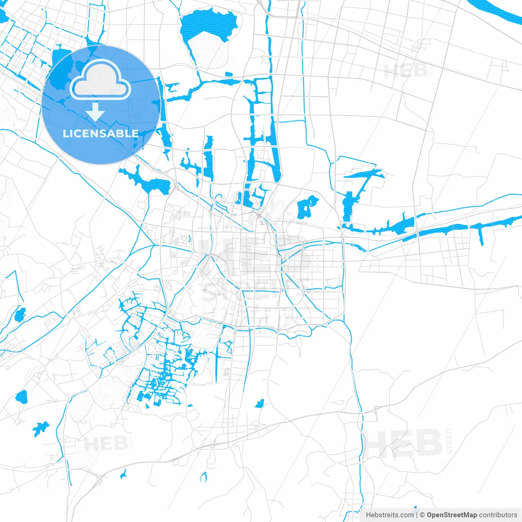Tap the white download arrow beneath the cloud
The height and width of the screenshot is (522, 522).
pos(95,112)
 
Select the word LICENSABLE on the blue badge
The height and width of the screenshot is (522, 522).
pos(101,133)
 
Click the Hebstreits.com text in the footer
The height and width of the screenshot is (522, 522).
pos(389,515)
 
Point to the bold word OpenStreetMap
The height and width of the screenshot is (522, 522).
pos(451,515)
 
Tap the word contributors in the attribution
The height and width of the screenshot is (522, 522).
pos(498,515)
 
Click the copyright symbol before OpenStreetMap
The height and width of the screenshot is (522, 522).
pos(422,515)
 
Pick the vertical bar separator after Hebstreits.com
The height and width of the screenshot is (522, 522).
pos(416,515)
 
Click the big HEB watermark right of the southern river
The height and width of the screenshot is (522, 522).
pos(404,443)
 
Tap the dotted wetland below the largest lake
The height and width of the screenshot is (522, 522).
pos(210,53)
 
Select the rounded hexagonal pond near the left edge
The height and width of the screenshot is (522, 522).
pos(21,396)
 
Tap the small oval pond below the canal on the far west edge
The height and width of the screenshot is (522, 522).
pos(19,314)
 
